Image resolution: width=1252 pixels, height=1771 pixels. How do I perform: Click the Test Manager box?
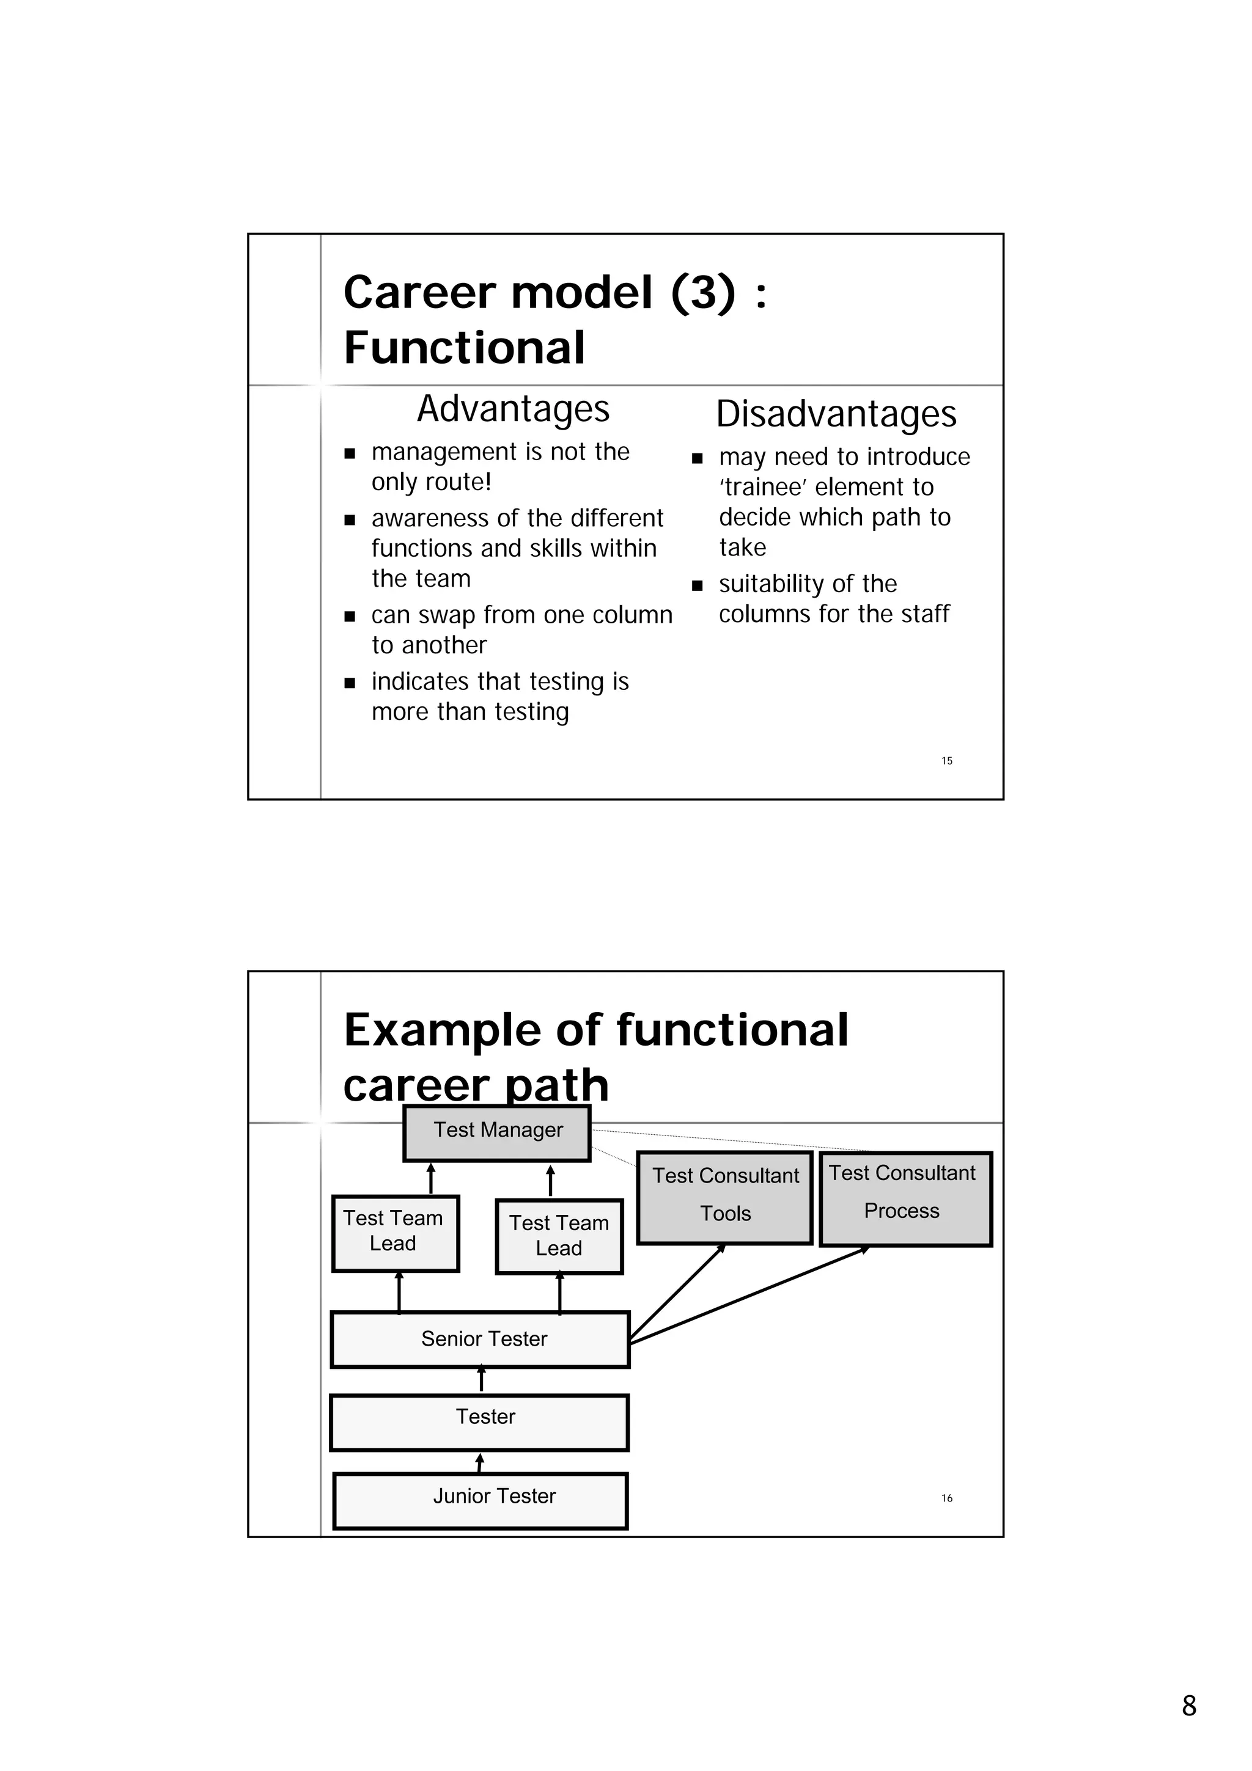click(x=497, y=1133)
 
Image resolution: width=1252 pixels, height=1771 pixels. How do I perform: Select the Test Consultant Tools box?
click(x=724, y=1198)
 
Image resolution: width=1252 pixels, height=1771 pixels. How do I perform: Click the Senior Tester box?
click(x=480, y=1339)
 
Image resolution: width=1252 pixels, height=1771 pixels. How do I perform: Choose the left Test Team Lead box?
click(x=395, y=1233)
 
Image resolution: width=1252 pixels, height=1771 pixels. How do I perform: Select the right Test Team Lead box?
click(x=559, y=1236)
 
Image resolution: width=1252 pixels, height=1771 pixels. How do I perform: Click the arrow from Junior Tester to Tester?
click(x=480, y=1462)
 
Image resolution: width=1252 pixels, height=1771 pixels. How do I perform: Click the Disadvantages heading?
click(x=836, y=414)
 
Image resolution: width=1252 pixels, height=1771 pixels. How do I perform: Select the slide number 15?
click(x=946, y=761)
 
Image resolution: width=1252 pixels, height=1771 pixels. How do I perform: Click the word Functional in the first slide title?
click(x=465, y=347)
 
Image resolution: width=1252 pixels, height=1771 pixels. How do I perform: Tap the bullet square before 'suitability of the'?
click(x=698, y=585)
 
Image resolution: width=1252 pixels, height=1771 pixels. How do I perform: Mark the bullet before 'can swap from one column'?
click(x=350, y=616)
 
